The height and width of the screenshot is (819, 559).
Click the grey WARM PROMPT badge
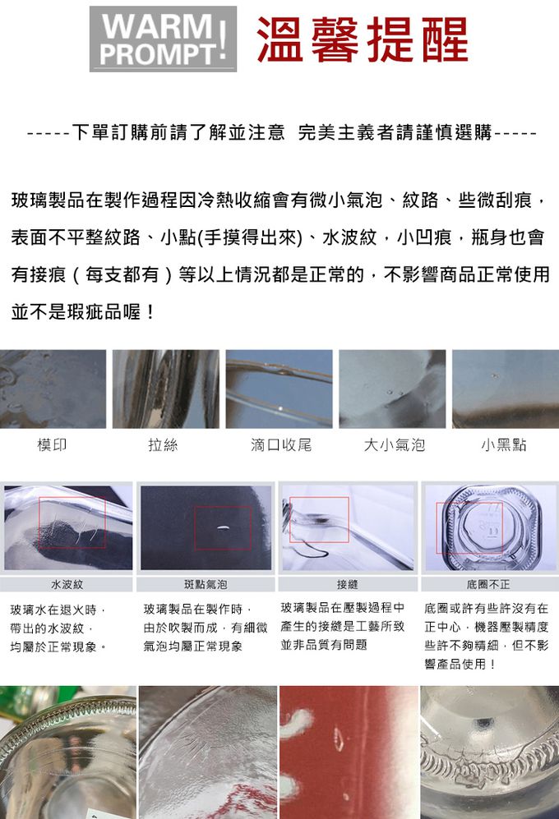coord(163,39)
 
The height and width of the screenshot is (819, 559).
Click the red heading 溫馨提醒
coord(363,39)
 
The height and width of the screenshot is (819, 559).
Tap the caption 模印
coord(53,445)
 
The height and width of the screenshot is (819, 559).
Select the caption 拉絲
coord(163,445)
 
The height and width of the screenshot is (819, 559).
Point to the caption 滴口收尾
coord(281,445)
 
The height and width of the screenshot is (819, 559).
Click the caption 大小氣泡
coord(395,445)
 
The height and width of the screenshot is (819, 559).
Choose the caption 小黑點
coord(504,445)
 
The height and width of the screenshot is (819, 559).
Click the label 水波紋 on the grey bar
coord(67,585)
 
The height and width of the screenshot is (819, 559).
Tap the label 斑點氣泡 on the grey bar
coord(206,585)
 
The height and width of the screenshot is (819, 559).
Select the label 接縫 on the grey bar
coord(347,585)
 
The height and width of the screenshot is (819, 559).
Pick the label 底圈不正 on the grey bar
coord(488,585)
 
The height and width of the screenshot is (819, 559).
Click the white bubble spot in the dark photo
coord(222,527)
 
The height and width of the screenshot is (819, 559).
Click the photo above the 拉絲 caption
coord(166,389)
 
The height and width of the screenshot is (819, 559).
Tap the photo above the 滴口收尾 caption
coord(279,389)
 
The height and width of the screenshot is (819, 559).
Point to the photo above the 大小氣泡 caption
coord(392,389)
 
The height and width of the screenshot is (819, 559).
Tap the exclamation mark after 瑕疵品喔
coord(150,312)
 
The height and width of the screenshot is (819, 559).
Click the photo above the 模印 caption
coord(53,389)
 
